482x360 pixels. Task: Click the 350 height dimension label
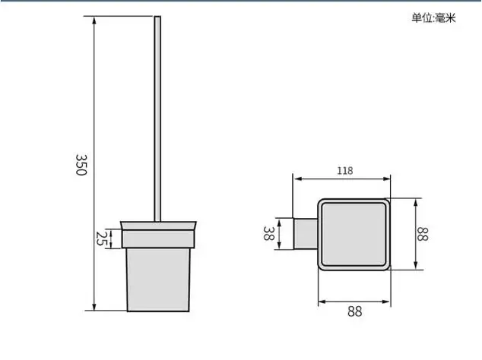click(x=81, y=165)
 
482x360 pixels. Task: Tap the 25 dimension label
click(x=100, y=238)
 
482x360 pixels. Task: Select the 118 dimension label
click(x=345, y=171)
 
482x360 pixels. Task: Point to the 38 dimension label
click(x=268, y=233)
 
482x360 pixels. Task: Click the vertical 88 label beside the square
click(x=422, y=234)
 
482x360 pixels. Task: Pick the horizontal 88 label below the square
click(x=355, y=311)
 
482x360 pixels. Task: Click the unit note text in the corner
click(x=434, y=18)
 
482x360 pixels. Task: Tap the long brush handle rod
click(x=157, y=118)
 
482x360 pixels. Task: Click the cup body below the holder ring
click(x=158, y=279)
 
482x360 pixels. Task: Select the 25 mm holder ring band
click(x=158, y=238)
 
